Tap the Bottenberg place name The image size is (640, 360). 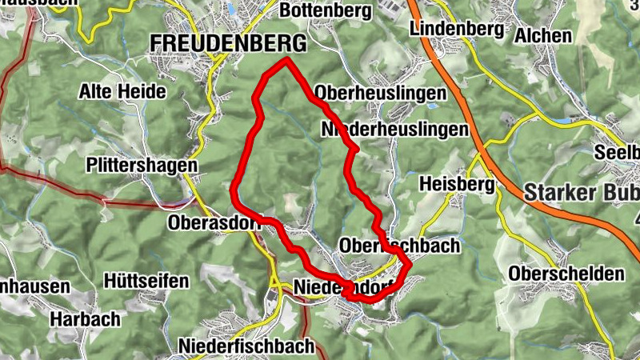[x=326, y=11]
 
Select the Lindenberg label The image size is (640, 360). [x=456, y=29]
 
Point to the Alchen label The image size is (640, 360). [x=543, y=36]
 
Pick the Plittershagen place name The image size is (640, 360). [x=142, y=165]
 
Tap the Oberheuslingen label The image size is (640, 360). [x=381, y=94]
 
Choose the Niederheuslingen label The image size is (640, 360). [x=394, y=130]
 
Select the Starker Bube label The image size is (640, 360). [x=582, y=194]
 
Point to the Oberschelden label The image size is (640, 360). [x=566, y=274]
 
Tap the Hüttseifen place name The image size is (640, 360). [x=146, y=281]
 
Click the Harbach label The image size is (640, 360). [x=85, y=319]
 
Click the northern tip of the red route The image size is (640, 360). [x=286, y=60]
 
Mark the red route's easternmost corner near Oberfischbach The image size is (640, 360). [x=410, y=262]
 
